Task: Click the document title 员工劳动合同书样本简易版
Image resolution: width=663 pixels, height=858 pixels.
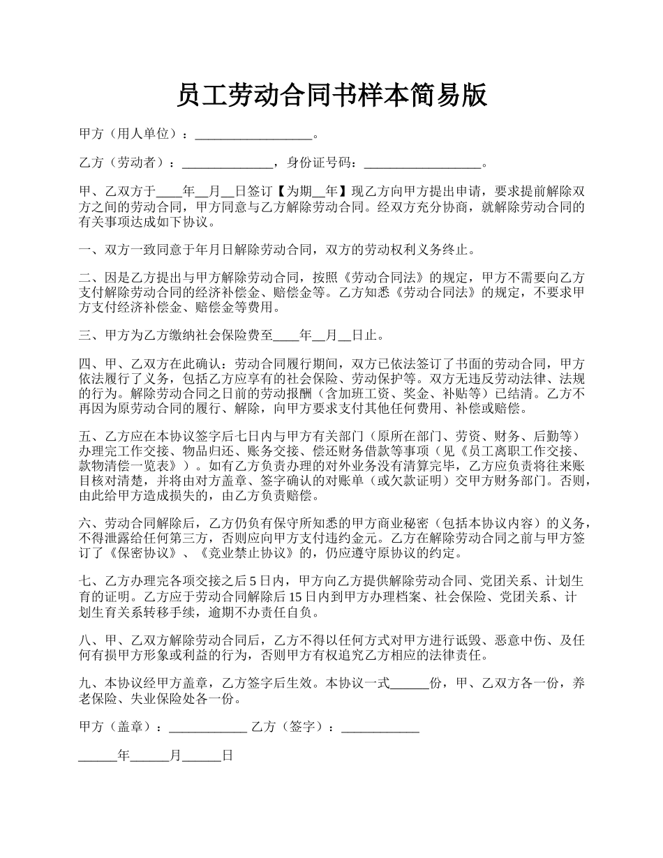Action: point(331,96)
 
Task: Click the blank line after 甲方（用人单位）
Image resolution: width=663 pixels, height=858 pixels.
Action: point(253,135)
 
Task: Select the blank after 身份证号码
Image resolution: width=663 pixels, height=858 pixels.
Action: point(422,164)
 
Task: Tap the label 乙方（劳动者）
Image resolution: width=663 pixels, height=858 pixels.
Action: point(123,163)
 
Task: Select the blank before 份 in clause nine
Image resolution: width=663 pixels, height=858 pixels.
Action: point(409,684)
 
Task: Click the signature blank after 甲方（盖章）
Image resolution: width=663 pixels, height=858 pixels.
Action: point(208,727)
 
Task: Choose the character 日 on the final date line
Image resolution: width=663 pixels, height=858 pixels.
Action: point(227,755)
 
